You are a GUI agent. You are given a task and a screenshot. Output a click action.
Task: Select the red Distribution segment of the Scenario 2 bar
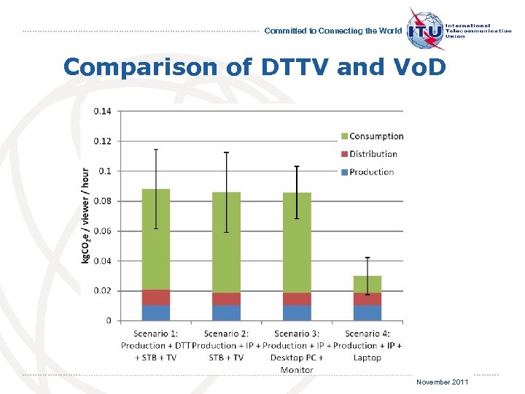point(226,298)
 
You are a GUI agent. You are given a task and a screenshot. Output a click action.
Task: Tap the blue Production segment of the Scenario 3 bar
point(297,313)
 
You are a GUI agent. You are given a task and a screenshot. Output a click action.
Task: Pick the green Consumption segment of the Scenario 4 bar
point(367,284)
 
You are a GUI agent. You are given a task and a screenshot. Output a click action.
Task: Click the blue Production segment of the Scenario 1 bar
point(155,313)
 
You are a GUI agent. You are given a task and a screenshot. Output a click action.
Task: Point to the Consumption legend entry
point(376,136)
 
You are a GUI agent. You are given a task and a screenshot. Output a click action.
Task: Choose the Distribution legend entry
point(373,154)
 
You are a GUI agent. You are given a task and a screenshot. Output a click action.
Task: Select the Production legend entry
point(371,172)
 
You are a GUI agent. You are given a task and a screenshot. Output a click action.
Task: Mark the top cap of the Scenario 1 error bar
point(155,150)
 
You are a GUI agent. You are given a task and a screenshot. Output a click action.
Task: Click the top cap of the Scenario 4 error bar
point(367,258)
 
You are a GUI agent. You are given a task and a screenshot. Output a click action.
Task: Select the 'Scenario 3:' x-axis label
point(297,334)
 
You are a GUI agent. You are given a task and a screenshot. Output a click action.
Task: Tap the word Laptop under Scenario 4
point(367,358)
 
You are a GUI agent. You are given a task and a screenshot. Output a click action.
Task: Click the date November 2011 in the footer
point(443,382)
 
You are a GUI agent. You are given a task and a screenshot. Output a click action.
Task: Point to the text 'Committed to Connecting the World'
point(332,31)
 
